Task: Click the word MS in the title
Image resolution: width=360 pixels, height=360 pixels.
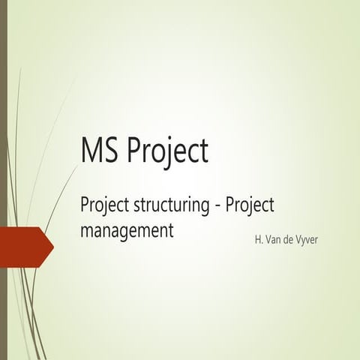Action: (x=100, y=151)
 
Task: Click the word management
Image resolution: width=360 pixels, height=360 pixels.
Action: (x=127, y=231)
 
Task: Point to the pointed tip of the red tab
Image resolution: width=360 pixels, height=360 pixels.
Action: (x=52, y=244)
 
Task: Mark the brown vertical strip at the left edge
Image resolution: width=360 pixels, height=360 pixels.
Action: (x=3, y=180)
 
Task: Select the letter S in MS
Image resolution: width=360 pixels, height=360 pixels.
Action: (x=111, y=151)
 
